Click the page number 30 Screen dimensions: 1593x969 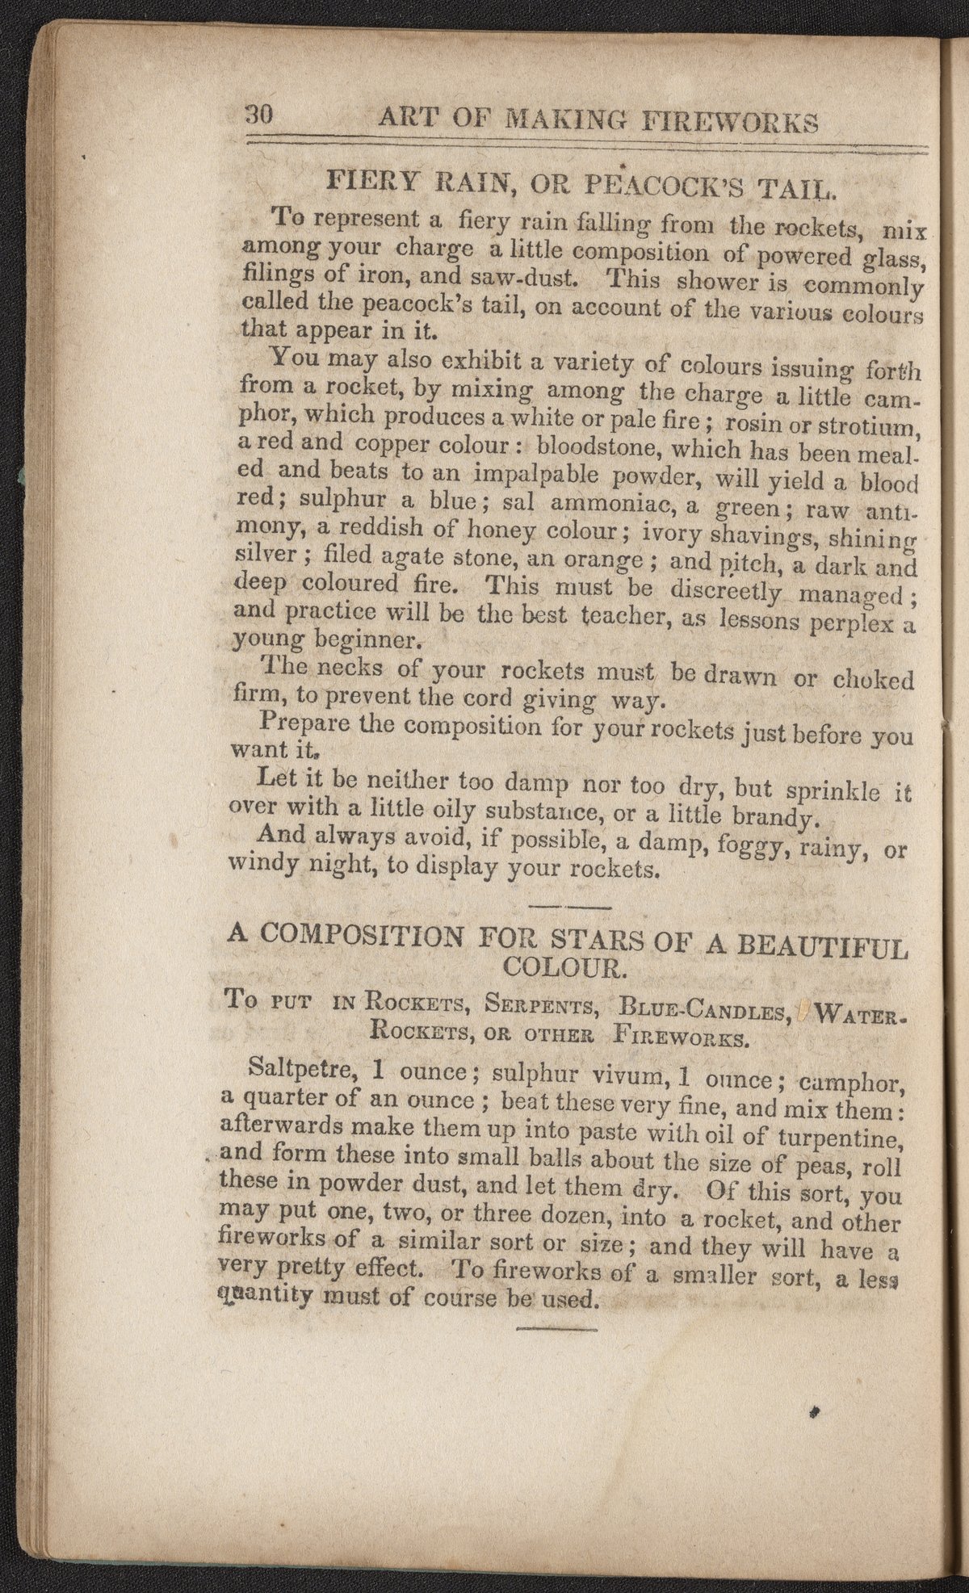click(x=260, y=115)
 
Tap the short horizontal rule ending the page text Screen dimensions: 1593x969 click(x=556, y=1328)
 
